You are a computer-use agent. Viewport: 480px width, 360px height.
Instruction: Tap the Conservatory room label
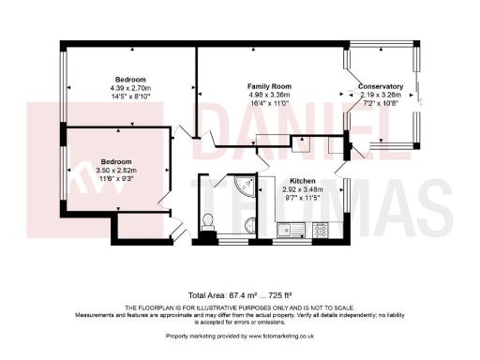pos(381,86)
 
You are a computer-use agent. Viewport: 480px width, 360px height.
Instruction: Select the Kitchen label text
pos(302,180)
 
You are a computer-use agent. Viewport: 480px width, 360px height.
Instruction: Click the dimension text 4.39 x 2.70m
pos(129,88)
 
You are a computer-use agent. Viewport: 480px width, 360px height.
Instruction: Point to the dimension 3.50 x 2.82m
pos(116,170)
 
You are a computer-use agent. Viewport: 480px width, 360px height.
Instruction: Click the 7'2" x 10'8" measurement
pos(381,102)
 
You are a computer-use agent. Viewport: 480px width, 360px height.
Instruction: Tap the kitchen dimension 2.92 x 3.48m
pos(302,188)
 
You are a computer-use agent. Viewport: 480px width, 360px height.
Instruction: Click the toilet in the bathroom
pos(208,221)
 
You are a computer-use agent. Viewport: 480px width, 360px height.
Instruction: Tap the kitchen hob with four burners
pos(320,228)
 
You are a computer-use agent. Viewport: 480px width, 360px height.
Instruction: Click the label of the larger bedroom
pos(129,79)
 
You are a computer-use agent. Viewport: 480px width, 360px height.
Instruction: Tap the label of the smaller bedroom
pos(116,160)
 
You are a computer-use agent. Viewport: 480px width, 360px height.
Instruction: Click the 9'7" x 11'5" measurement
pos(302,198)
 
